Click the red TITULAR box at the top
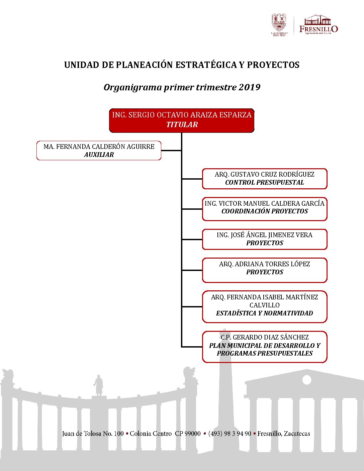(182, 120)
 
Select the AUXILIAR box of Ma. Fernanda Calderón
(99, 151)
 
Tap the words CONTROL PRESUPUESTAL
(264, 183)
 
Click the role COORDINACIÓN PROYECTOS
(265, 211)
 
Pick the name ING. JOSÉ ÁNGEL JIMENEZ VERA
(264, 235)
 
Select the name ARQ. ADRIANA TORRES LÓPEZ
(264, 264)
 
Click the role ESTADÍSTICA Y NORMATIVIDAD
(264, 313)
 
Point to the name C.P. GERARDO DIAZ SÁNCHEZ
(264, 337)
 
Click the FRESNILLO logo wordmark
(318, 29)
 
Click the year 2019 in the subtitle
(249, 87)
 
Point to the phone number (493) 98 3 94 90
(230, 434)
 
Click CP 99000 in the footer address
(188, 434)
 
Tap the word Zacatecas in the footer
(297, 434)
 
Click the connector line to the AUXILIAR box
(171, 151)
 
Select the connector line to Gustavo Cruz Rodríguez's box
(192, 179)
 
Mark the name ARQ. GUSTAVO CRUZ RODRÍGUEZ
(264, 174)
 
